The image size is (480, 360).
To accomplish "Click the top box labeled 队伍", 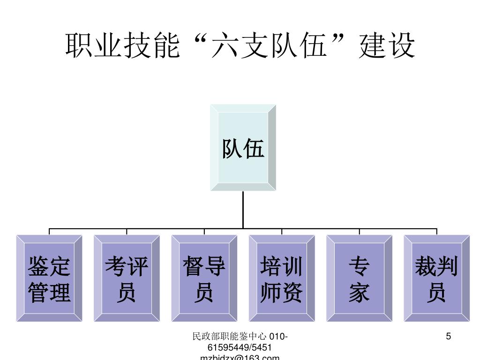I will pyautogui.click(x=243, y=148).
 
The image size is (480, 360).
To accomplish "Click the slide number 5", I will pyautogui.click(x=449, y=337).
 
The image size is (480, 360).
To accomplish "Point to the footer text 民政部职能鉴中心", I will pyautogui.click(x=230, y=337).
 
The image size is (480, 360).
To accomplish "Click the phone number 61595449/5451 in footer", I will pyautogui.click(x=240, y=347).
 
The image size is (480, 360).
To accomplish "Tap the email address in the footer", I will pyautogui.click(x=240, y=357).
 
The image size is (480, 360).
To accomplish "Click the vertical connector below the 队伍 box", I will pyautogui.click(x=243, y=210).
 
